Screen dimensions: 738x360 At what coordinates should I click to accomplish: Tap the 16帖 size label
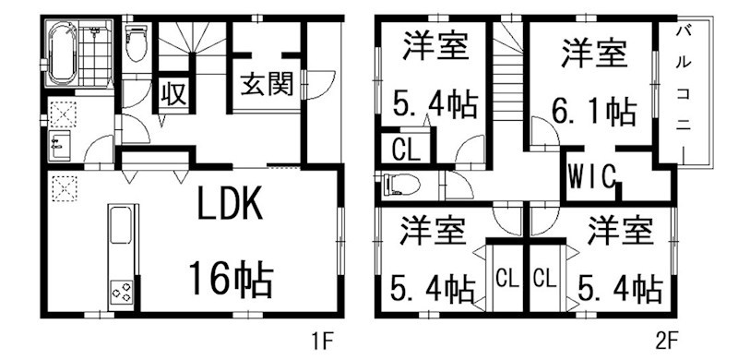[x=231, y=277]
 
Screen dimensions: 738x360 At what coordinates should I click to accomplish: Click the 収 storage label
[x=173, y=93]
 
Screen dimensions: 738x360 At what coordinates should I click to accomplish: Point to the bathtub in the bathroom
[x=61, y=54]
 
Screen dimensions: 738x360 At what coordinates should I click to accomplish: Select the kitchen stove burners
[x=122, y=293]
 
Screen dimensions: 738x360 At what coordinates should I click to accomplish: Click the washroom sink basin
[x=57, y=145]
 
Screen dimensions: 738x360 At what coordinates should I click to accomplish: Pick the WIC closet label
[x=592, y=175]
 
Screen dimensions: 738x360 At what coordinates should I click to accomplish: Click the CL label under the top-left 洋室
[x=403, y=149]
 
